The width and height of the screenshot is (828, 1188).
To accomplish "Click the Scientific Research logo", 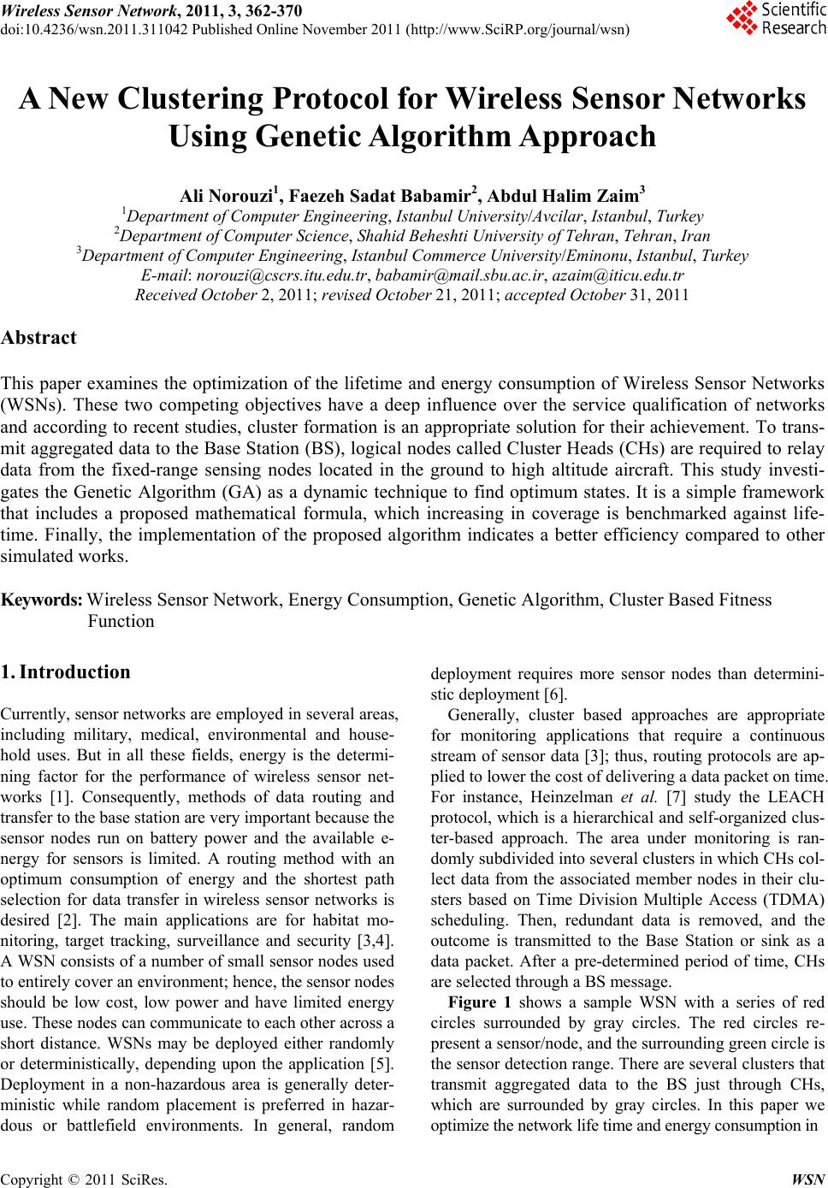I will pos(775,19).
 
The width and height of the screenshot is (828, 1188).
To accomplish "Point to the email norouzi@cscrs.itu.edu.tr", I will pos(282,275).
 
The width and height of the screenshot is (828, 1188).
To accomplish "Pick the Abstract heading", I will pos(38,337).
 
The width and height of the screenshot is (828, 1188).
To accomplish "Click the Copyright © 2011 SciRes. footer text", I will pos(84,1178).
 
